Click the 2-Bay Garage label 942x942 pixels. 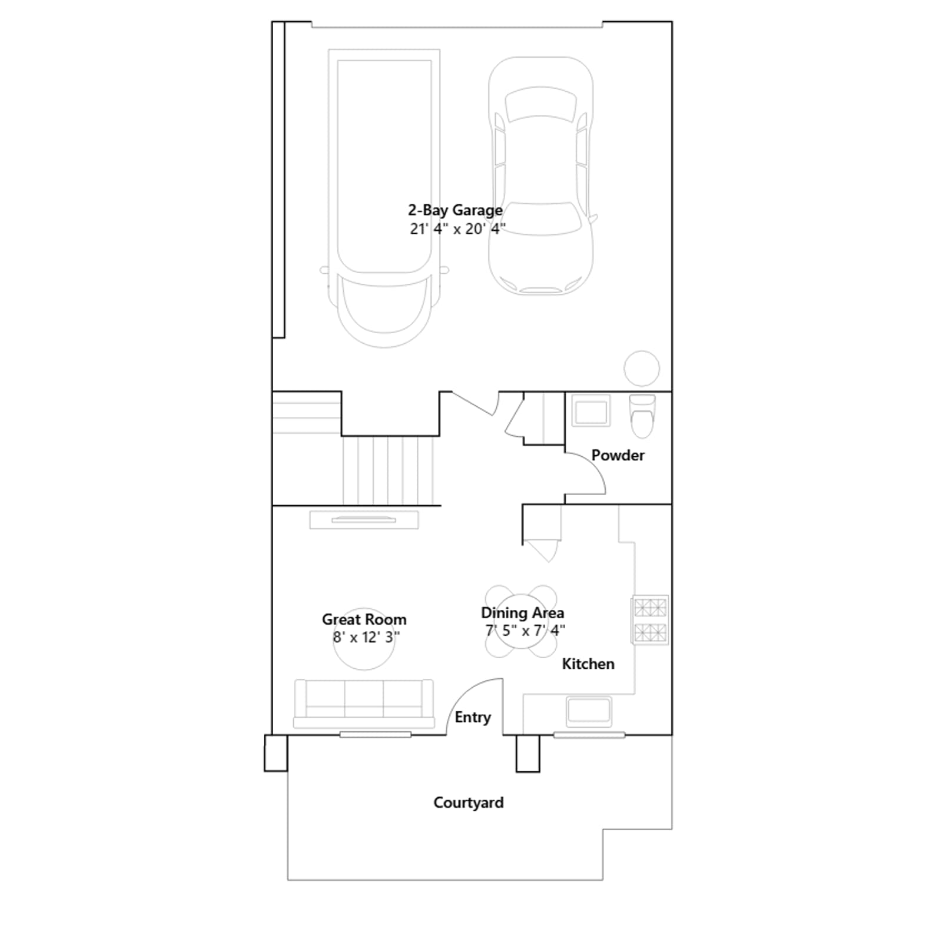(455, 210)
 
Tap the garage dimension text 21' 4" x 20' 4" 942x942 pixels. (457, 229)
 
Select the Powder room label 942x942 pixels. (618, 455)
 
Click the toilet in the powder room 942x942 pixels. (642, 416)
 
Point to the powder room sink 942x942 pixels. (591, 410)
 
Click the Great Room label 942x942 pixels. (364, 619)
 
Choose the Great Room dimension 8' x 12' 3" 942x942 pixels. (366, 637)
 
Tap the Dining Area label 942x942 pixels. (522, 613)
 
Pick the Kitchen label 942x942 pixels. (588, 664)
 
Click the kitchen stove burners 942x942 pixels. (650, 620)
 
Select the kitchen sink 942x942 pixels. (589, 711)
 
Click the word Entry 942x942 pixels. (473, 717)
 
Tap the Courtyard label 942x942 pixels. (469, 802)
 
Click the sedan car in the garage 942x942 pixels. (540, 175)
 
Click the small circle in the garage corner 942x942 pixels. (642, 369)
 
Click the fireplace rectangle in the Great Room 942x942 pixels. (364, 520)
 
